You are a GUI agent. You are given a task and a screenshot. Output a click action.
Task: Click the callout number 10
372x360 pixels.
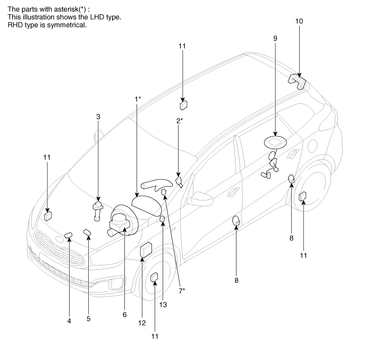coord(299,21)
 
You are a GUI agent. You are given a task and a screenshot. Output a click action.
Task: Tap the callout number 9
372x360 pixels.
coord(275,39)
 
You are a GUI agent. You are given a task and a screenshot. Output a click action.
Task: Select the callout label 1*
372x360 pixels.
coord(137,98)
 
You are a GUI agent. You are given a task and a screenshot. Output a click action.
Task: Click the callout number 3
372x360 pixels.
coord(98,116)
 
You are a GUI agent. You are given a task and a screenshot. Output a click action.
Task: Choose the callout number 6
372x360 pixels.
coord(124,314)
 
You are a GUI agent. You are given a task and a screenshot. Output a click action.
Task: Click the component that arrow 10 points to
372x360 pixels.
coord(296,81)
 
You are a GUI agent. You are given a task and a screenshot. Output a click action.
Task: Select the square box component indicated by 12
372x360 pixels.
coord(146,250)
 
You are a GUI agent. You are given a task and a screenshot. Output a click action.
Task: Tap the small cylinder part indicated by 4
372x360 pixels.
coord(67,235)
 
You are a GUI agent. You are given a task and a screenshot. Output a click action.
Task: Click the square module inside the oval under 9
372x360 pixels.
coord(275,142)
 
